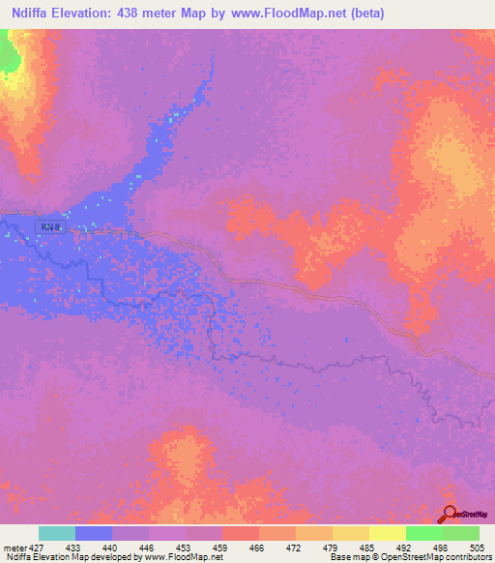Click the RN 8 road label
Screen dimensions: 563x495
tap(51, 226)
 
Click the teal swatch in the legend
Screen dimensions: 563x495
tap(56, 534)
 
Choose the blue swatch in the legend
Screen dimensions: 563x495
tap(93, 534)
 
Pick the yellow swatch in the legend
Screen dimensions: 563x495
tap(387, 534)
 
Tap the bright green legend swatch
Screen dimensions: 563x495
tap(423, 534)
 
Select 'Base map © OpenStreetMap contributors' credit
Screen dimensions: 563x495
tap(410, 556)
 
